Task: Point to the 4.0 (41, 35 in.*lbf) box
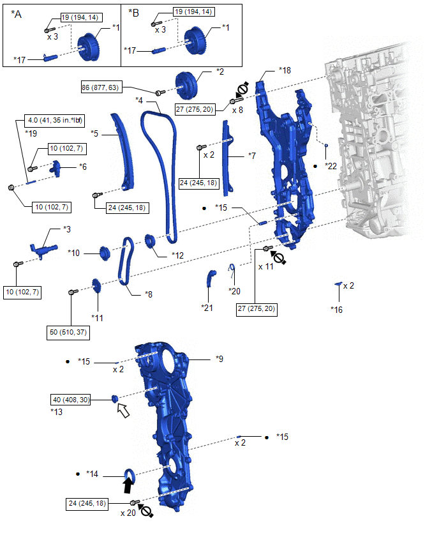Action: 55,121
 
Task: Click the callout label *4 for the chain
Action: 139,101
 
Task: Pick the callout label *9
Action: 219,359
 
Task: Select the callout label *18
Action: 285,70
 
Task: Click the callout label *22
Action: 331,166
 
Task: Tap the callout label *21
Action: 207,308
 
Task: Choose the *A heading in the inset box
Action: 17,14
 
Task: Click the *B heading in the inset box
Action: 133,13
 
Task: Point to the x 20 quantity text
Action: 128,513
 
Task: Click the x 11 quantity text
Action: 266,266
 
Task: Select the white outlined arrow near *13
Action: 123,411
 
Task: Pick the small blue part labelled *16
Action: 338,284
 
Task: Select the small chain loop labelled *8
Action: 126,261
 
